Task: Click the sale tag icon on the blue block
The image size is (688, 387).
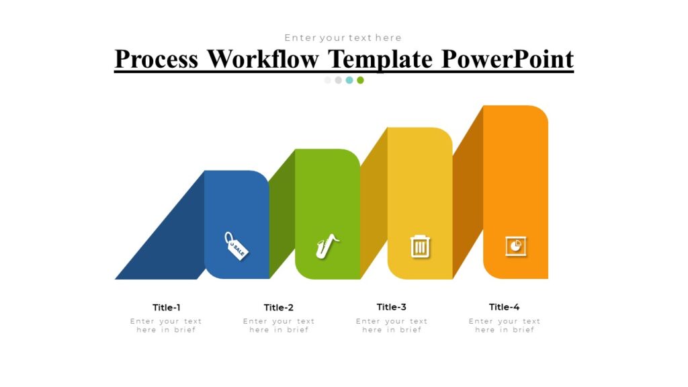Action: coord(236,245)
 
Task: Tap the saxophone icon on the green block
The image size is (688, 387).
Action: coord(327,246)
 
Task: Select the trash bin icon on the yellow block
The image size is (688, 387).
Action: coord(420,246)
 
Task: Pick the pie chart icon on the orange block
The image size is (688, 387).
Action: coord(516,246)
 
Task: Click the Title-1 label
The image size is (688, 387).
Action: coord(167,308)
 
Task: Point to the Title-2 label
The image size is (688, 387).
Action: coord(279,308)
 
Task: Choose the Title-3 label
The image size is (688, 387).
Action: coord(392,307)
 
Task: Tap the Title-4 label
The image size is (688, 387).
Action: coord(505,307)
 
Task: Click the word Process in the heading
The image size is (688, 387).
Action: coord(157,59)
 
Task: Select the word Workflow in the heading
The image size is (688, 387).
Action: coord(263,59)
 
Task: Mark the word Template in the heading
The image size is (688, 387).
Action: coord(380,59)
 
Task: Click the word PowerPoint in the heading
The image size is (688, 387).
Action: coord(508,59)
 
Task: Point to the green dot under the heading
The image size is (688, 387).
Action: coord(360,80)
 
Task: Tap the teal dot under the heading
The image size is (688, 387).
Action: coord(349,80)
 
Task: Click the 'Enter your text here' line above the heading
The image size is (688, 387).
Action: coord(343,38)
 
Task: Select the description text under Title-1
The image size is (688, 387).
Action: coord(166,326)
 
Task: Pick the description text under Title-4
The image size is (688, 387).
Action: coord(505,326)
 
